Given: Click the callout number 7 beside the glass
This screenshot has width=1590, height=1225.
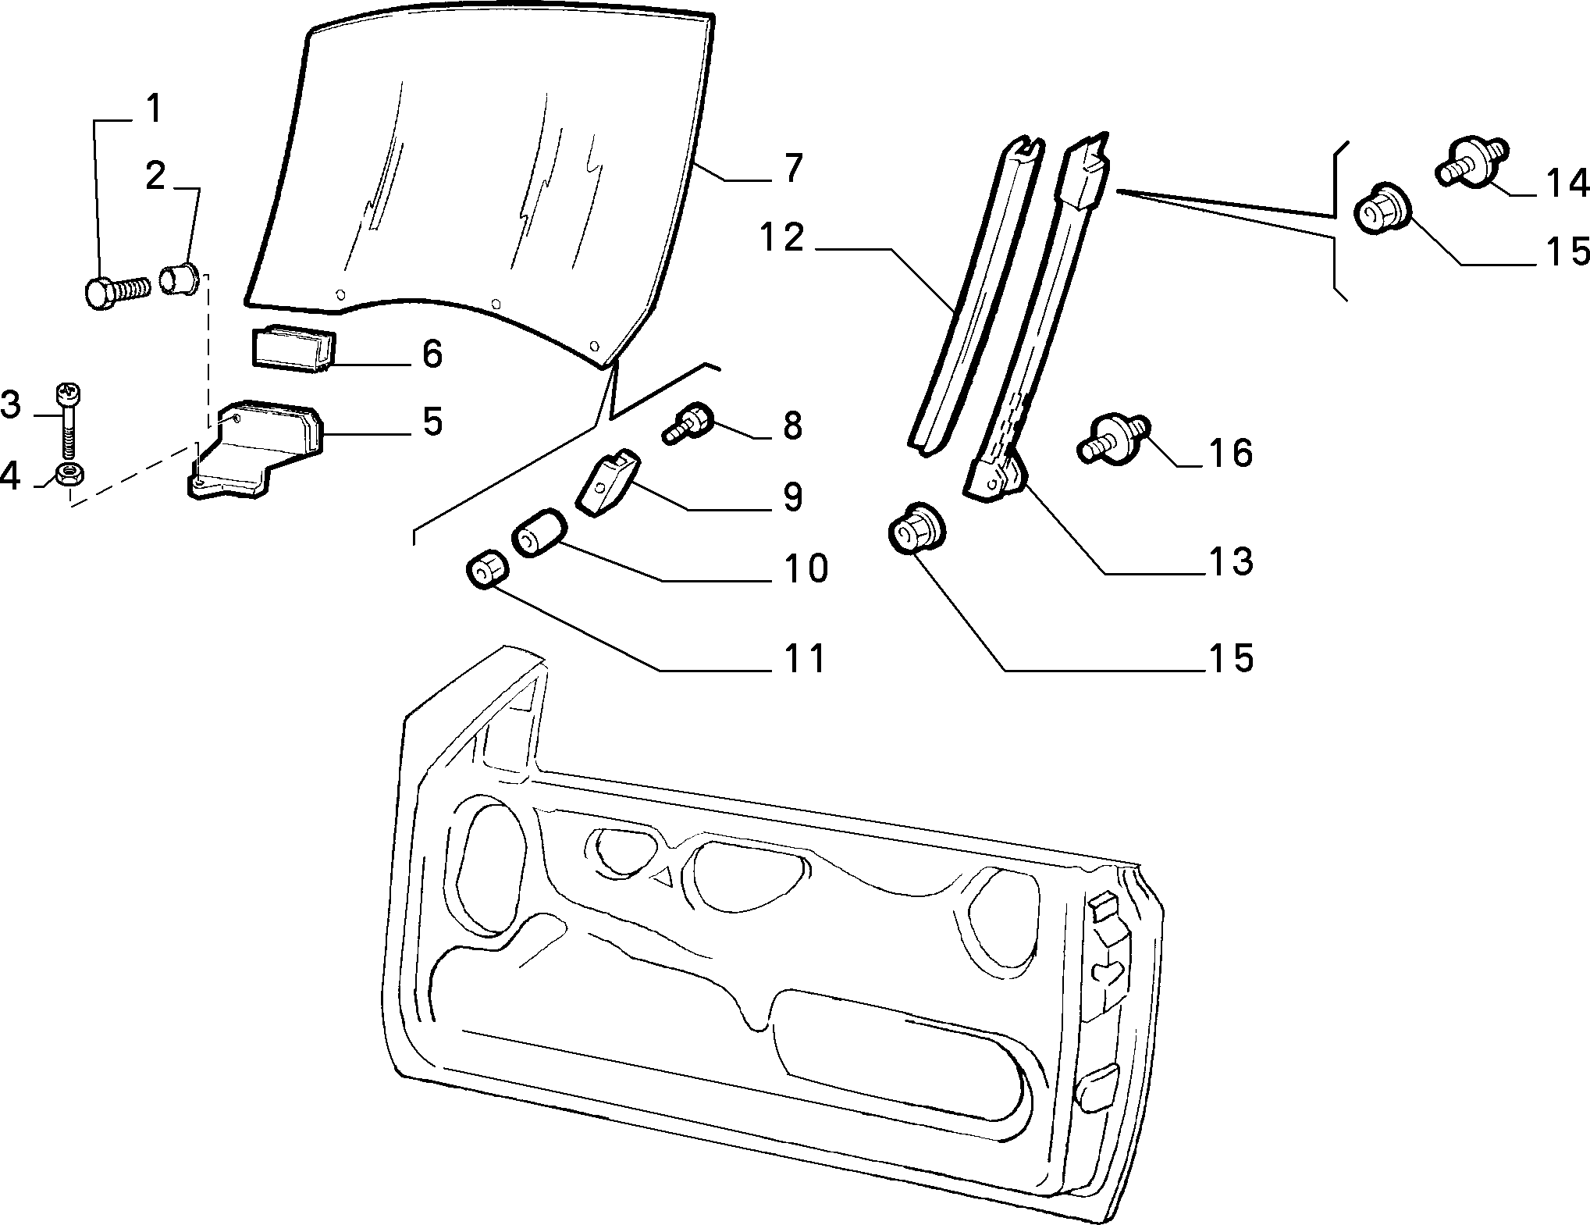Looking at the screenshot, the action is (x=792, y=168).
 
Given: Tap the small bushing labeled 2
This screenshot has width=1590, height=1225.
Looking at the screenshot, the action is (x=180, y=279).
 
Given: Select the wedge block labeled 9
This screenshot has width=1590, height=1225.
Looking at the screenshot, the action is (x=610, y=481).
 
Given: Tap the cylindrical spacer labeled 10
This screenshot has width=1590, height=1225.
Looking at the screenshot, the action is (x=537, y=533).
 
